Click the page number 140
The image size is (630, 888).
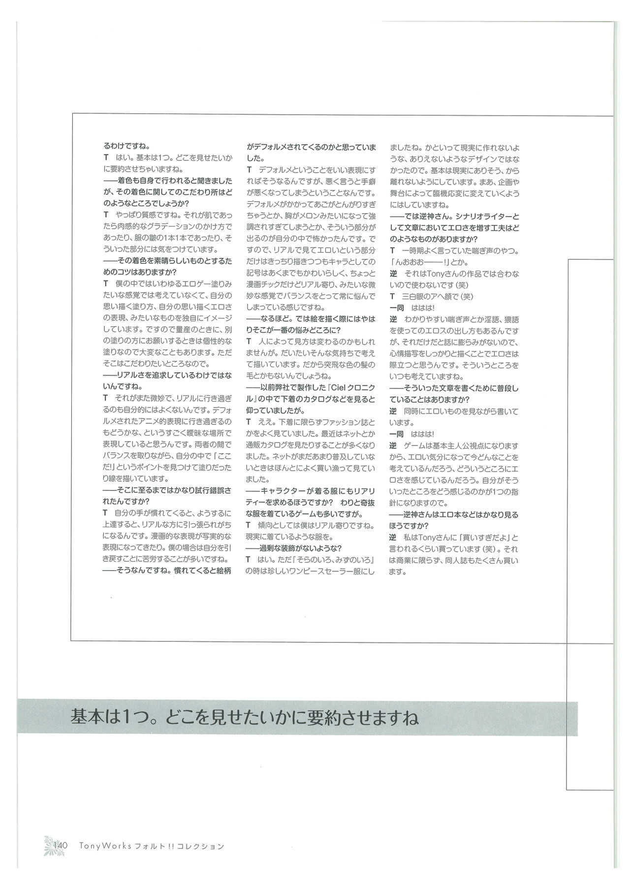coord(60,845)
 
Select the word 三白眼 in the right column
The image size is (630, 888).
coord(413,296)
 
